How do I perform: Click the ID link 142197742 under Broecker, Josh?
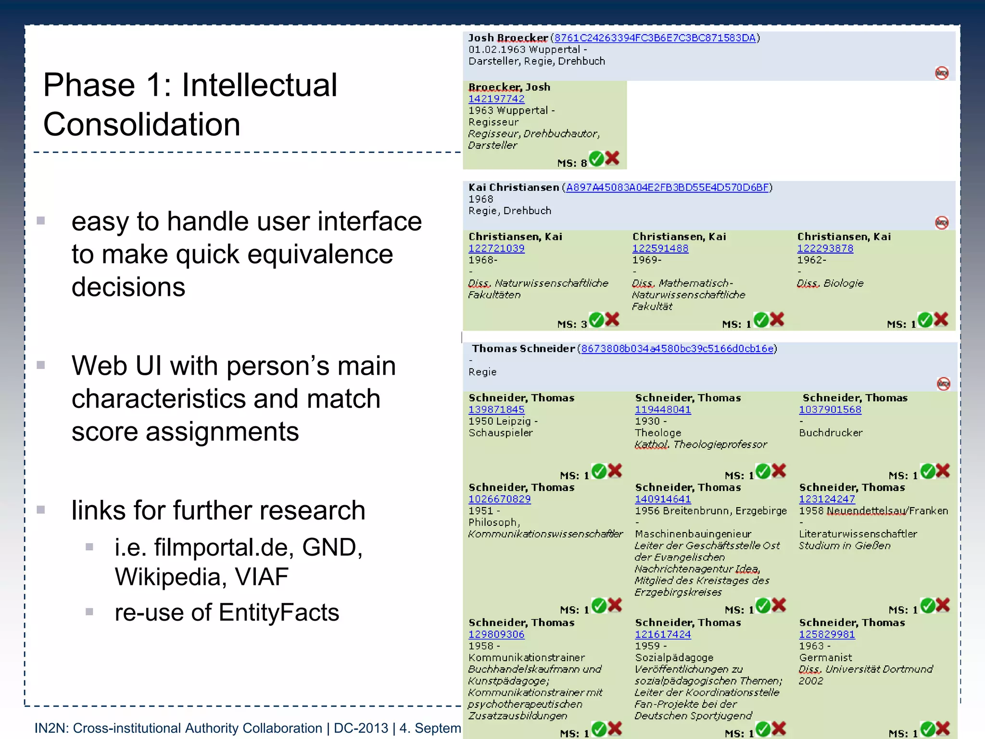click(496, 99)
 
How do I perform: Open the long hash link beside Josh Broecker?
click(655, 38)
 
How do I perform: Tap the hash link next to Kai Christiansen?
click(667, 188)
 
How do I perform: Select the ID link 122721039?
click(496, 248)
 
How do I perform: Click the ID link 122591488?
click(660, 248)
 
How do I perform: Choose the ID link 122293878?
click(825, 248)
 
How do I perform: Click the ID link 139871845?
click(496, 409)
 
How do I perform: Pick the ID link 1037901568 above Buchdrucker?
click(830, 409)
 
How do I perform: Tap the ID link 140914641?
click(663, 499)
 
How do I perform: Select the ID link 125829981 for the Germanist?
click(827, 634)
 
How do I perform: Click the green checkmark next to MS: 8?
click(596, 158)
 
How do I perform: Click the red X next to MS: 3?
click(612, 319)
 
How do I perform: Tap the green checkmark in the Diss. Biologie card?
click(925, 319)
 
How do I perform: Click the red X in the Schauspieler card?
click(615, 471)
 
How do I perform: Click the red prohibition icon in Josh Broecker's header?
click(942, 73)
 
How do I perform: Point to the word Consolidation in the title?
click(142, 125)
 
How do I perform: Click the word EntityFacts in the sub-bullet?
click(279, 612)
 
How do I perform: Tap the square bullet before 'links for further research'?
click(41, 510)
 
